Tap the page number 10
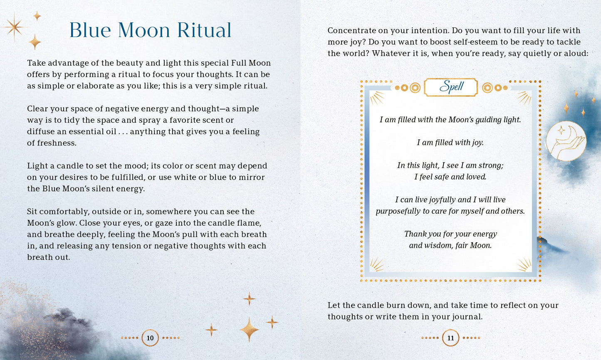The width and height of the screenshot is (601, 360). pos(150,338)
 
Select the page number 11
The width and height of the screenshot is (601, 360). pos(450,338)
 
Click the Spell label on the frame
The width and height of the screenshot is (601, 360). pos(451,87)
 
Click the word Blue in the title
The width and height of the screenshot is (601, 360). pos(90,30)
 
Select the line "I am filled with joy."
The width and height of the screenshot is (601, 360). pos(450,143)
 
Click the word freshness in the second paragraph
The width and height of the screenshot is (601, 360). pos(56,143)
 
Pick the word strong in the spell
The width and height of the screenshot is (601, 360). pos(491,165)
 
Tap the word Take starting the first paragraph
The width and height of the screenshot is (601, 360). pos(36,63)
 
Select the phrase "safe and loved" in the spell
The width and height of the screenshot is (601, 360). pos(460,177)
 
